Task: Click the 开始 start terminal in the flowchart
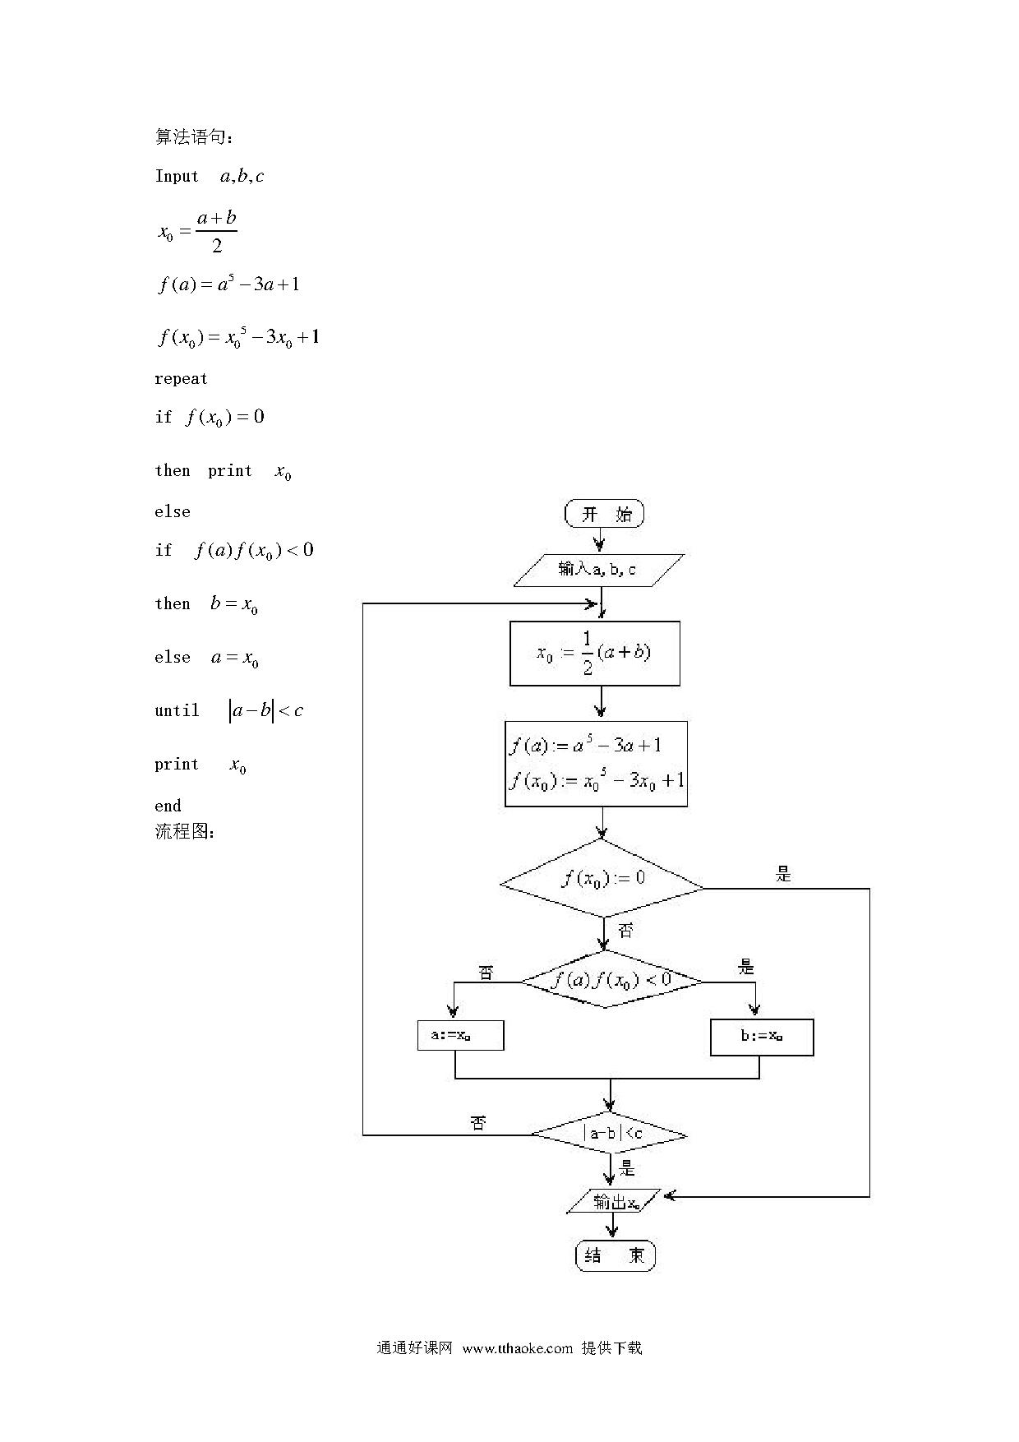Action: coord(605,514)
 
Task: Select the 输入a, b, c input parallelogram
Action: coord(598,570)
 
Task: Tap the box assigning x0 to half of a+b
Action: coord(595,654)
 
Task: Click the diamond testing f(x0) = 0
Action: coord(602,878)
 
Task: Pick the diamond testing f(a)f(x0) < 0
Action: coord(611,980)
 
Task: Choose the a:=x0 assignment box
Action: coord(460,1036)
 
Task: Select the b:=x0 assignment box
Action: coord(762,1038)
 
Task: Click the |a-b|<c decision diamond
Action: coord(609,1135)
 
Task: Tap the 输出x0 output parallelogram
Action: coord(614,1201)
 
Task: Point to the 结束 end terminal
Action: coord(615,1255)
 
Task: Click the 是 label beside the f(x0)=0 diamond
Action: coord(784,875)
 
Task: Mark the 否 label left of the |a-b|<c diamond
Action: coord(478,1123)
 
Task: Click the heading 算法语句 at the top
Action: coord(195,136)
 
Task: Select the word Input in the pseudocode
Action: coord(177,176)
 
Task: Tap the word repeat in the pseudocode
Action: coord(181,379)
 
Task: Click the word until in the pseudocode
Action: coord(177,710)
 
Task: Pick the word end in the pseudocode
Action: coord(168,806)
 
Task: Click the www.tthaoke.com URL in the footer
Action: coord(517,1347)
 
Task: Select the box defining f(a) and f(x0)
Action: coord(596,764)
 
